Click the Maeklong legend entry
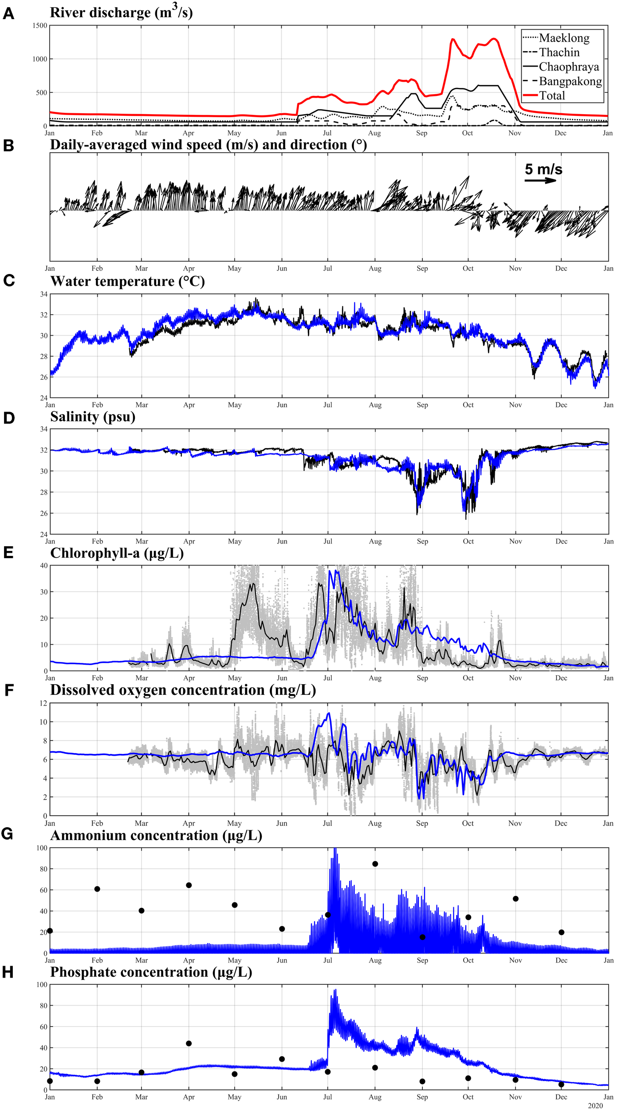[x=564, y=38]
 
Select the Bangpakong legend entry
[x=570, y=81]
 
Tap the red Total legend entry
[x=552, y=96]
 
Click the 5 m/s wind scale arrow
[x=540, y=180]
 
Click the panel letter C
[x=8, y=281]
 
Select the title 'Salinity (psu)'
[x=93, y=416]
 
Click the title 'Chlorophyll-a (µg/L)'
[x=117, y=553]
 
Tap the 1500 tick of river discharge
[x=39, y=26]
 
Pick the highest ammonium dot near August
[x=375, y=864]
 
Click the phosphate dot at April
[x=189, y=1043]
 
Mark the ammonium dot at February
[x=97, y=889]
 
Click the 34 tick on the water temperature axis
[x=43, y=294]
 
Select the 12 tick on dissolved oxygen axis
[x=43, y=703]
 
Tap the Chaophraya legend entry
[x=568, y=67]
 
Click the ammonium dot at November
[x=516, y=899]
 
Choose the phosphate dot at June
[x=282, y=1059]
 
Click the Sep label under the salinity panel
[x=422, y=541]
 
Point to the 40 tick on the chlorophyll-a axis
[x=43, y=565]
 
